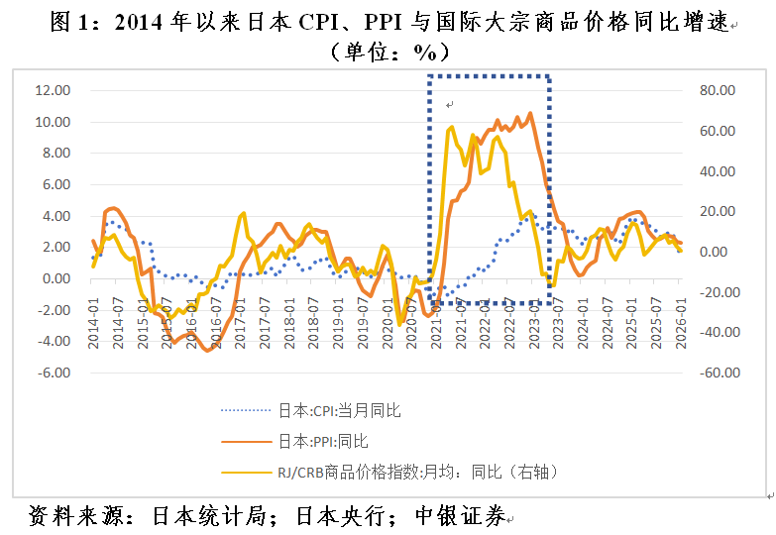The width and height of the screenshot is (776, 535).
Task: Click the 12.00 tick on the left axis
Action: point(51,90)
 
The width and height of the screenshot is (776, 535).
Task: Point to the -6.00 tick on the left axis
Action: point(51,374)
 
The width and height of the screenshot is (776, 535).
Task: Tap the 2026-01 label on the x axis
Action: point(680,322)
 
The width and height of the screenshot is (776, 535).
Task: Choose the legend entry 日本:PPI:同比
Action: point(323,441)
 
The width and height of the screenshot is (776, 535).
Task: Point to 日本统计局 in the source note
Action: point(198,516)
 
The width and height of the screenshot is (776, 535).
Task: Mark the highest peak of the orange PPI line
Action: point(531,113)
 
